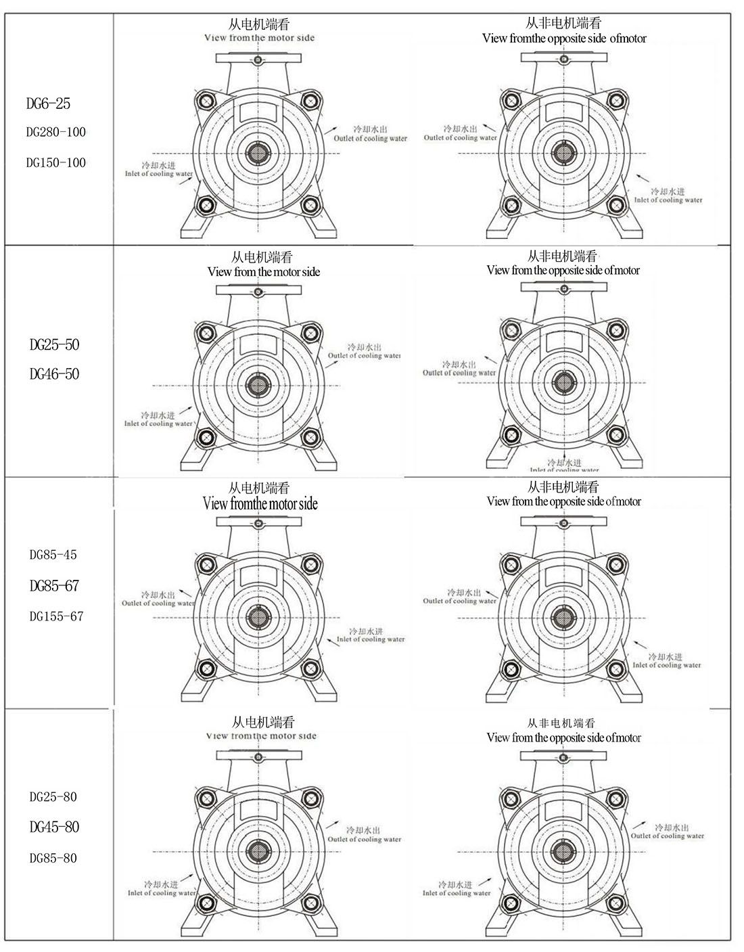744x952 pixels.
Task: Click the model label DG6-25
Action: [48, 104]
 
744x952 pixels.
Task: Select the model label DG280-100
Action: [56, 132]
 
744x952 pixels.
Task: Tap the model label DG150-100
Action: [56, 162]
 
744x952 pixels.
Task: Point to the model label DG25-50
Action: [54, 344]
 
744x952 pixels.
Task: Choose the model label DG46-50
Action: [54, 374]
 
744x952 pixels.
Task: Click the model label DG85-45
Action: [53, 555]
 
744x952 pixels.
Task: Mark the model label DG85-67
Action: [54, 586]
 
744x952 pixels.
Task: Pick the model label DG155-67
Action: [56, 616]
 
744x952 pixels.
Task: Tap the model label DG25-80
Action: [53, 796]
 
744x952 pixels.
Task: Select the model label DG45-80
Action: [54, 827]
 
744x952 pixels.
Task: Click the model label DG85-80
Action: [53, 858]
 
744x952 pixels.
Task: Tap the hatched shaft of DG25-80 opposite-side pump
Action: [563, 851]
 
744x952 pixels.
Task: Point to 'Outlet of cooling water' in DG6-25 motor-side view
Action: [370, 138]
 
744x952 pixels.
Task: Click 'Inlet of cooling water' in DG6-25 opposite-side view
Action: [668, 200]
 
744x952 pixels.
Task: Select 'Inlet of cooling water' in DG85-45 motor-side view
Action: [371, 639]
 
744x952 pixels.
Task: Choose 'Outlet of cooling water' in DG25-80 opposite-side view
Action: [668, 836]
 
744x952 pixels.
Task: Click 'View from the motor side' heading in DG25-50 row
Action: [264, 272]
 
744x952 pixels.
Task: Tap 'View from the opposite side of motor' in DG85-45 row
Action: [563, 501]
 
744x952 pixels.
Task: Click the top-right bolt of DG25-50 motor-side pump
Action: [310, 333]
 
